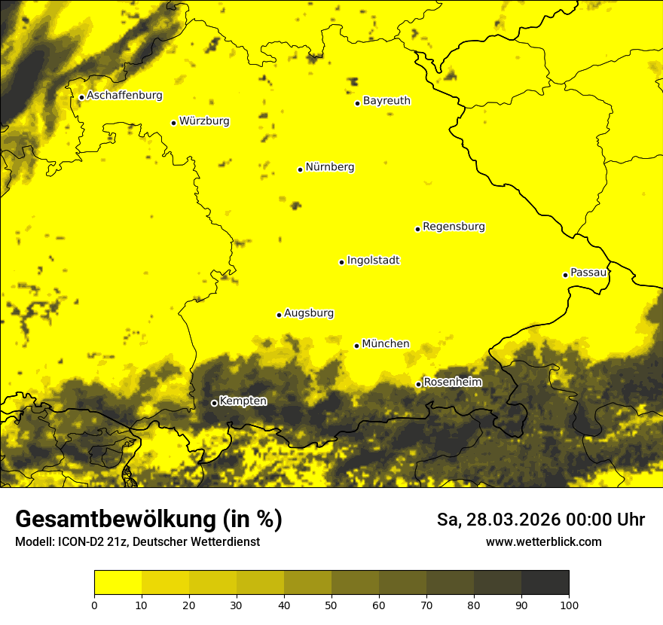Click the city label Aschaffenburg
coord(124,96)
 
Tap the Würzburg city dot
coord(173,123)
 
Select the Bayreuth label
coord(386,100)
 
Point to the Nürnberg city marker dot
coord(300,169)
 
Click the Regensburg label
coord(454,226)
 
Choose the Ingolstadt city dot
coord(341,262)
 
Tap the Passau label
coord(588,272)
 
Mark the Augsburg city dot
coord(279,315)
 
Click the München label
coord(385,343)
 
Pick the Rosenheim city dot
coord(418,385)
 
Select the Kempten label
coord(243,401)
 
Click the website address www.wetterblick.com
coord(543,541)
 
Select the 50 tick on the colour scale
coord(331,604)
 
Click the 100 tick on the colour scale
coord(569,604)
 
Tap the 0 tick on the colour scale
coord(94,604)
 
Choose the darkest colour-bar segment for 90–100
coord(545,582)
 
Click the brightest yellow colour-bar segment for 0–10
coord(118,582)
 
